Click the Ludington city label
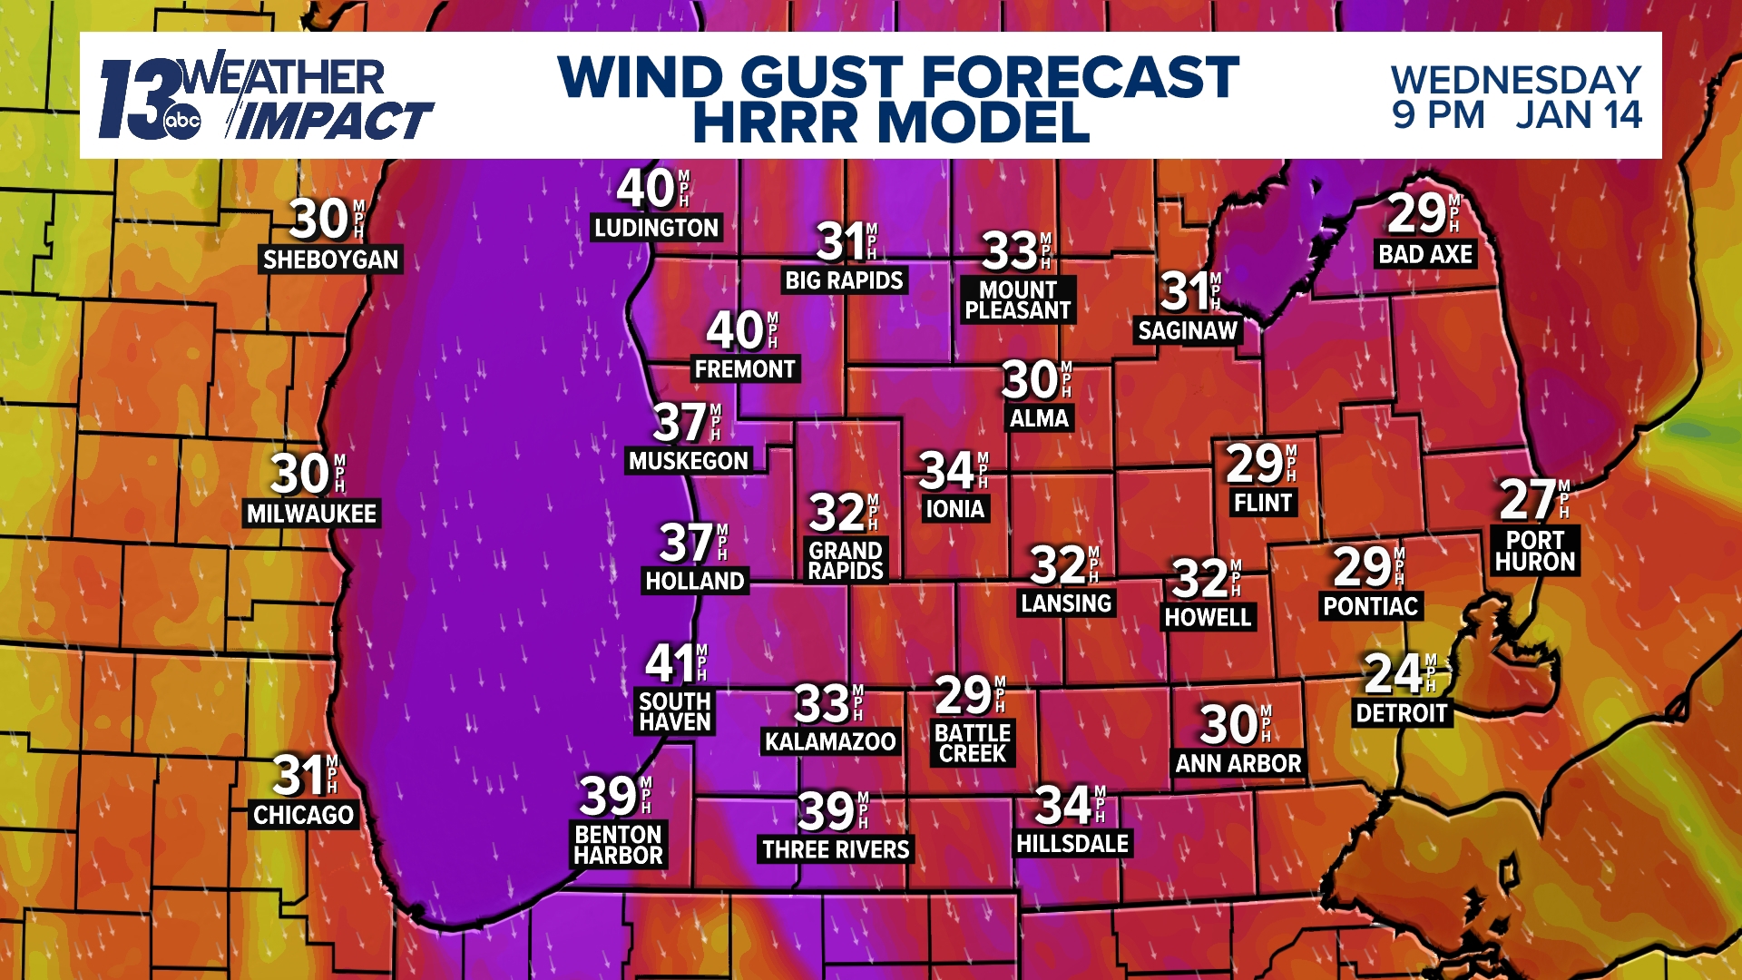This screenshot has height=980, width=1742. point(656,228)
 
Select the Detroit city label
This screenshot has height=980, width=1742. point(1401,713)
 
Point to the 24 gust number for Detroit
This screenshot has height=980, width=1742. point(1394,674)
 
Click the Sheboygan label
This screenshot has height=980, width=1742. point(330,260)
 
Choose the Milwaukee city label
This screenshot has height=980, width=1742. point(311,514)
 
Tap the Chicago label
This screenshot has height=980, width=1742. point(303,815)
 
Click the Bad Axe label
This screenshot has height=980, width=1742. point(1425,254)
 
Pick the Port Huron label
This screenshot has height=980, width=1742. point(1535,551)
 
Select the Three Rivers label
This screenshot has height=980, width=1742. point(836,849)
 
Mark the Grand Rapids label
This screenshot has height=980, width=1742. point(846,561)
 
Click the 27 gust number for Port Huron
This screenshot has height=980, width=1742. point(1528,499)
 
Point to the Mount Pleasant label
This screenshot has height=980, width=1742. point(1018,300)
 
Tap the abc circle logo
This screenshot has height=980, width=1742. point(181,121)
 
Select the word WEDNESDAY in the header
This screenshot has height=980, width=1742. point(1516,80)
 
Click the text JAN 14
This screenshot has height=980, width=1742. point(1579,115)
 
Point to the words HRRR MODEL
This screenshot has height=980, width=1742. point(891,122)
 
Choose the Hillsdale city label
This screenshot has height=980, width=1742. point(1072,844)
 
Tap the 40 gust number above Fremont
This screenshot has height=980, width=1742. point(735,330)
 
